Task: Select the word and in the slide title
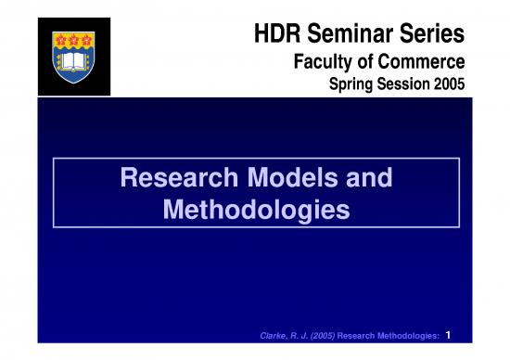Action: tap(367, 177)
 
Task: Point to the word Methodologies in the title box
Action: tap(256, 210)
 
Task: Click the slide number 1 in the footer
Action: tap(449, 334)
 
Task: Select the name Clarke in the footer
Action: tap(276, 335)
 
